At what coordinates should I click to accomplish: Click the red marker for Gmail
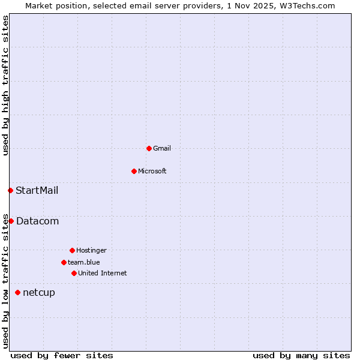[149, 148]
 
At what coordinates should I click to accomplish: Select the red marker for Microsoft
[134, 171]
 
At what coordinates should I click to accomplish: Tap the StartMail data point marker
[10, 190]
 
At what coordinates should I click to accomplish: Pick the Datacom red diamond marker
[11, 221]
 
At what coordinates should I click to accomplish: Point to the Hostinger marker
[72, 250]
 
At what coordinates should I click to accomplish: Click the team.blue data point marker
[64, 262]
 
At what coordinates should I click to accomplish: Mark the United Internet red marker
[74, 273]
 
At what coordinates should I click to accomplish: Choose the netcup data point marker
[17, 292]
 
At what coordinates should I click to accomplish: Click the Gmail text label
[162, 148]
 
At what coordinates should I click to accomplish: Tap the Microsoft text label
[152, 171]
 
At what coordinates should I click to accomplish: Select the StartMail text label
[37, 191]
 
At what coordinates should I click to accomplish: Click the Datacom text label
[38, 221]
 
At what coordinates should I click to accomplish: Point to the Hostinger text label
[91, 250]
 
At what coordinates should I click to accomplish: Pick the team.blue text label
[84, 262]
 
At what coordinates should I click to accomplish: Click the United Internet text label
[103, 273]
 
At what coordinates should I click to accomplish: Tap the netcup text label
[39, 293]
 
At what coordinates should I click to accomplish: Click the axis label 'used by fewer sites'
[62, 355]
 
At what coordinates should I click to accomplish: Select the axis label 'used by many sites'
[301, 355]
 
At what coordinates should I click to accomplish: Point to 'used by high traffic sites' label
[6, 85]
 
